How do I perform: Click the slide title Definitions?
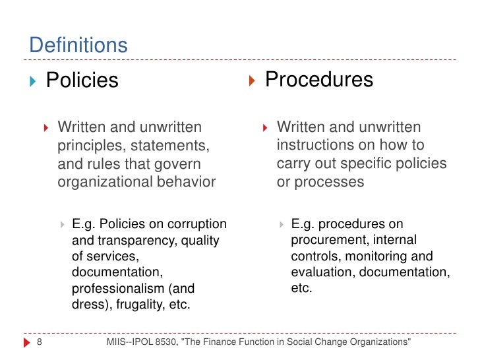[78, 45]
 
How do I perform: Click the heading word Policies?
[82, 80]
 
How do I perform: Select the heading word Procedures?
[319, 80]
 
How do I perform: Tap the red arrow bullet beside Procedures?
[252, 80]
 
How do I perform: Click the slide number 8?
[39, 342]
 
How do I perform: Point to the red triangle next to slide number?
[26, 342]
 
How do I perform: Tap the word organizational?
[104, 182]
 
